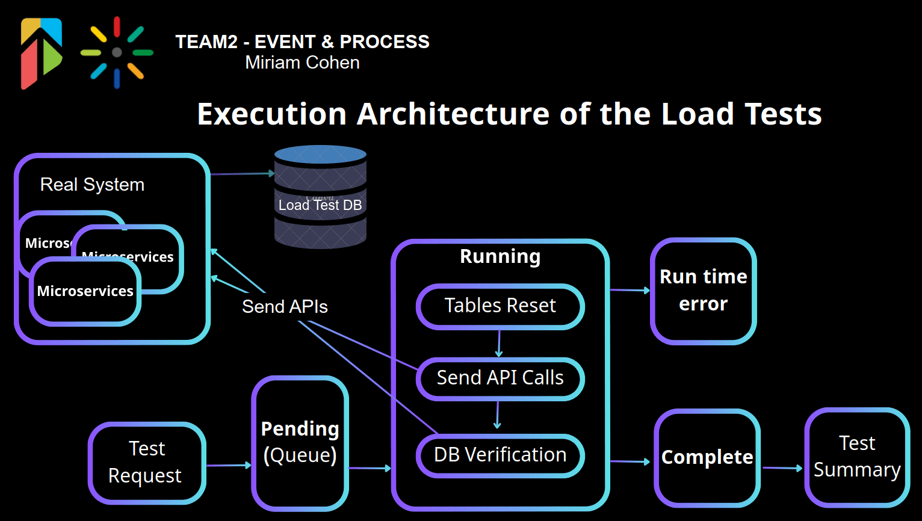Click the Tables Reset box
pyautogui.click(x=500, y=306)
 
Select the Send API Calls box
pyautogui.click(x=500, y=378)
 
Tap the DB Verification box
pyautogui.click(x=500, y=455)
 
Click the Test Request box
pyautogui.click(x=147, y=463)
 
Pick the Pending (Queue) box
pyautogui.click(x=300, y=443)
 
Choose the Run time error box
pyautogui.click(x=703, y=291)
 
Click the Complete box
pyautogui.click(x=707, y=458)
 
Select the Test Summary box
pyautogui.click(x=857, y=457)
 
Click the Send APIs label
pyautogui.click(x=285, y=307)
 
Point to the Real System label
pyautogui.click(x=92, y=185)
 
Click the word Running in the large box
pyautogui.click(x=500, y=256)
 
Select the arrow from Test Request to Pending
pyautogui.click(x=229, y=465)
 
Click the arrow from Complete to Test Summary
pyautogui.click(x=782, y=468)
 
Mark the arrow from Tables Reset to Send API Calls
pyautogui.click(x=499, y=344)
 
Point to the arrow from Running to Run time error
pyautogui.click(x=630, y=290)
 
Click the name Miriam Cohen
pyautogui.click(x=302, y=63)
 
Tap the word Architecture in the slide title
pyautogui.click(x=453, y=114)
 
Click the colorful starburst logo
pyautogui.click(x=117, y=52)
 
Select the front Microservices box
pyautogui.click(x=85, y=292)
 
